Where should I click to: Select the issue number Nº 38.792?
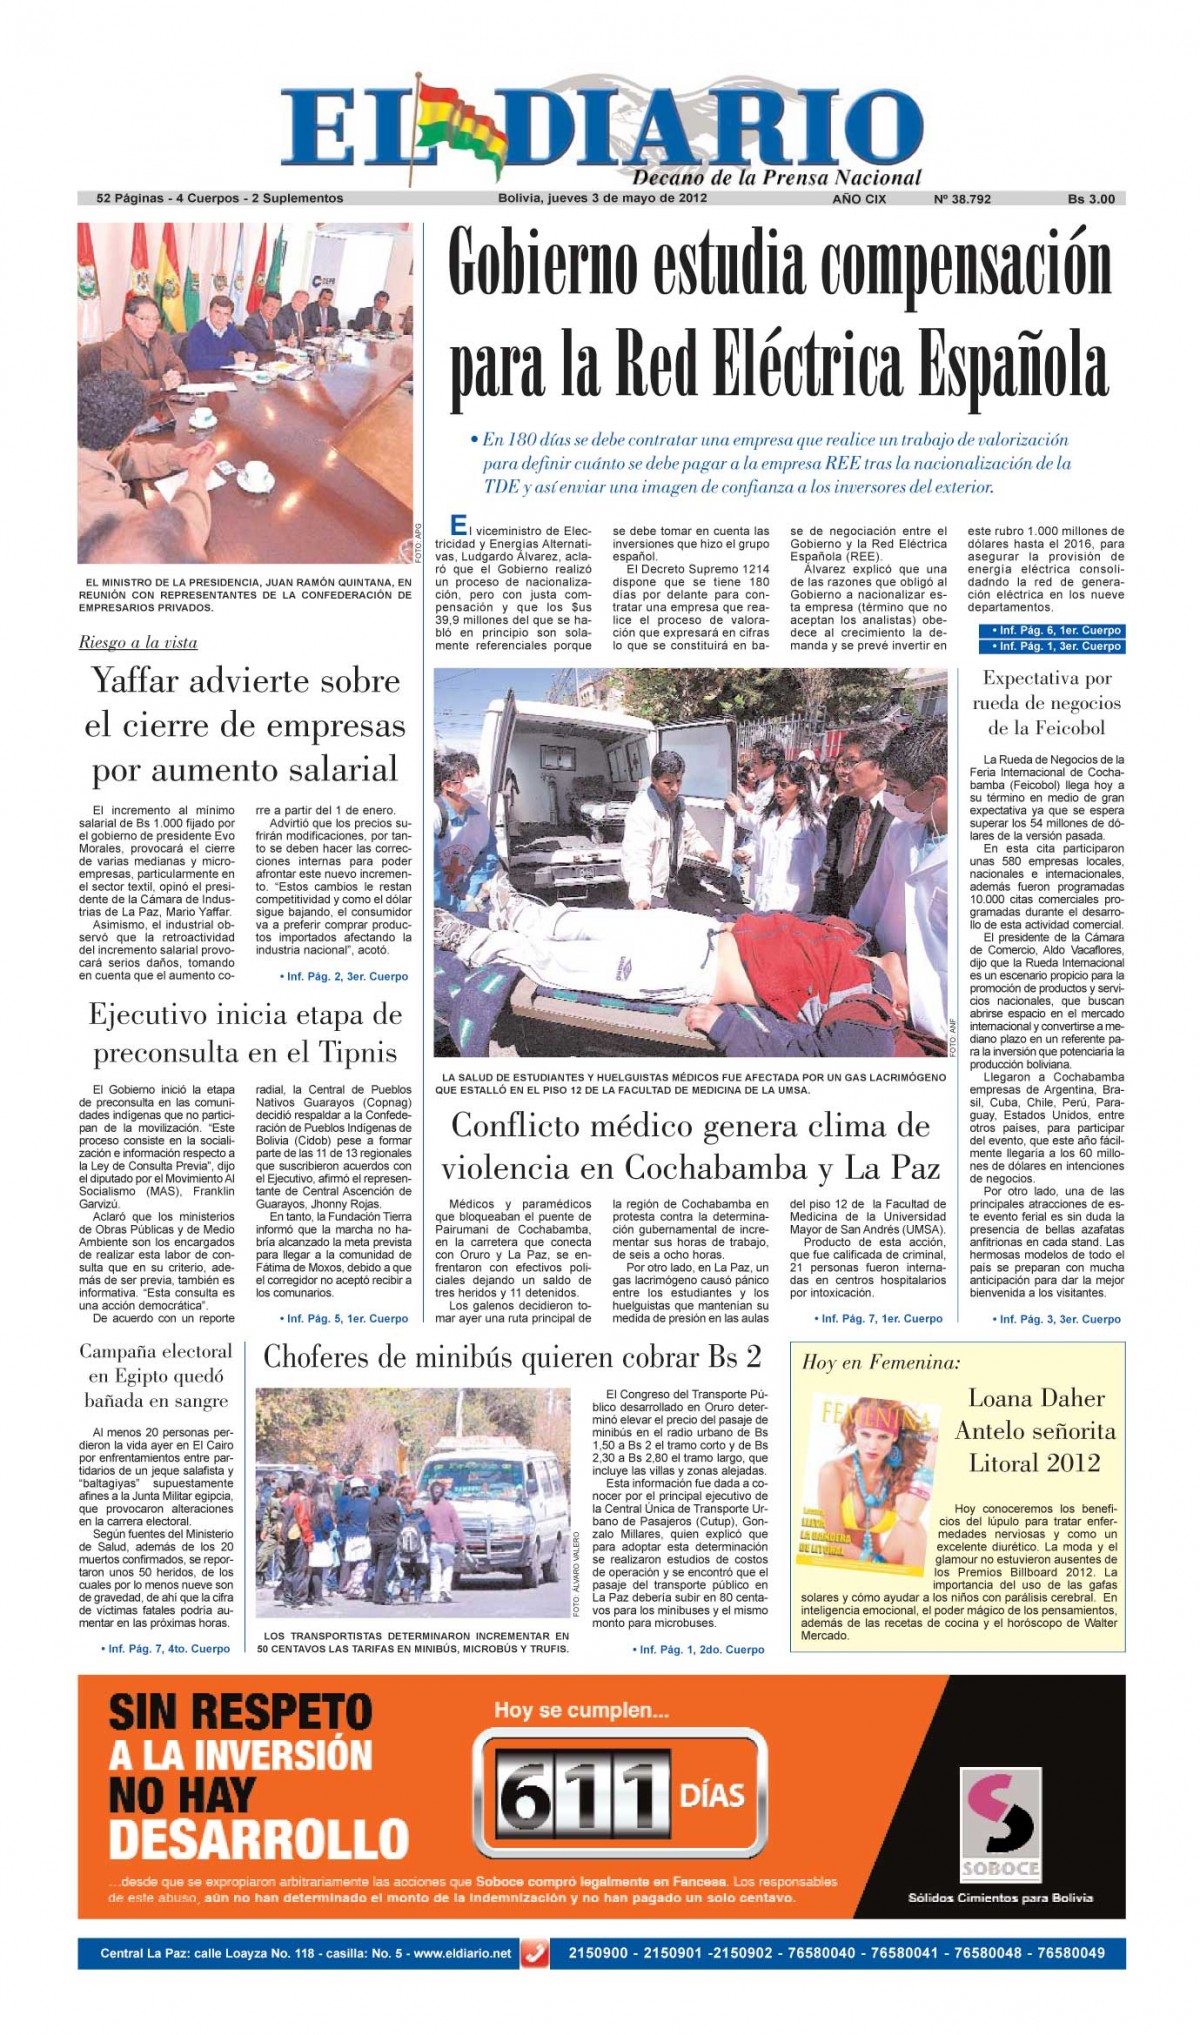[x=962, y=199]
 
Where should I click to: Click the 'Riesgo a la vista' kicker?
[x=138, y=642]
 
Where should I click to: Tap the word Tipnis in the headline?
[x=357, y=1053]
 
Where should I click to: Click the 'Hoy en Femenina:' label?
[x=880, y=1362]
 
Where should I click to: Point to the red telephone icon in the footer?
[x=536, y=1953]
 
